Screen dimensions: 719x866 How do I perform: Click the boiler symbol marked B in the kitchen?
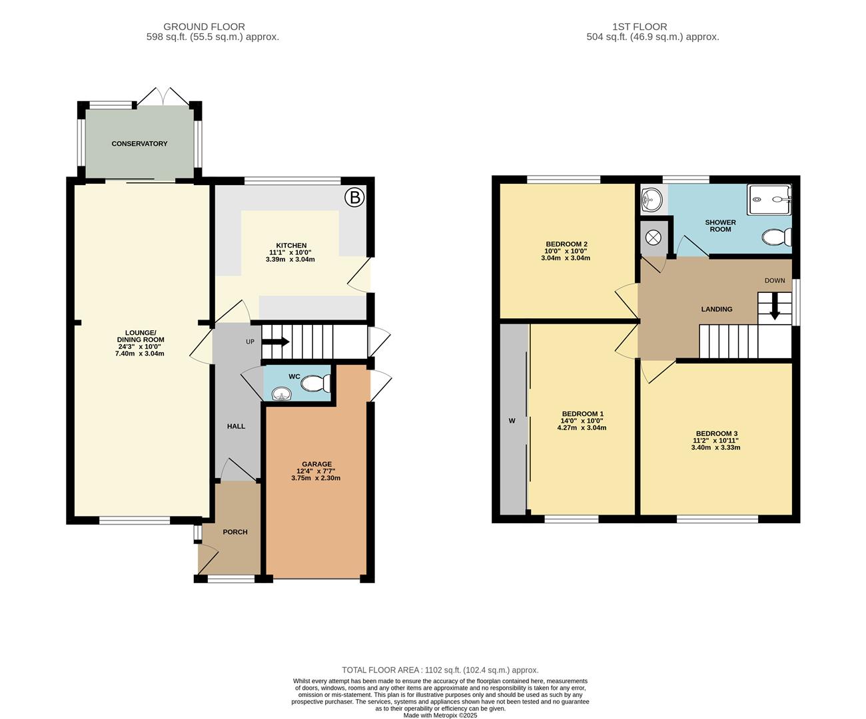354,197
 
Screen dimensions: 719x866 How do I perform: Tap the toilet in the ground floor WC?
315,383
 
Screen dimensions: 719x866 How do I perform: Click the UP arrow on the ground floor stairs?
275,342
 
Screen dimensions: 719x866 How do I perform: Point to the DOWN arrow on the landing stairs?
774,310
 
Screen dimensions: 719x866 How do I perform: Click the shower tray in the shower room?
770,199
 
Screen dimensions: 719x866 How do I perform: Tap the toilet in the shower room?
777,237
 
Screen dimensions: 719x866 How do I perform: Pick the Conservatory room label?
139,144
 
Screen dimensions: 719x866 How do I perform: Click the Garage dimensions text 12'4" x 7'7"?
316,471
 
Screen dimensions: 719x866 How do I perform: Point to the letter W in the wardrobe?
512,421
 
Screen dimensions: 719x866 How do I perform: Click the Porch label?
235,532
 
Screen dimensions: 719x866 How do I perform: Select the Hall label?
236,426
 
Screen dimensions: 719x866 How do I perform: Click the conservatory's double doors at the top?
163,97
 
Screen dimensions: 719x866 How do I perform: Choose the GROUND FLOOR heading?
204,27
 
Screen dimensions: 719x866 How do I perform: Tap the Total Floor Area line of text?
440,670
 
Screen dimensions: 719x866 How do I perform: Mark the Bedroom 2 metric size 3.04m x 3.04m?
566,258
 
